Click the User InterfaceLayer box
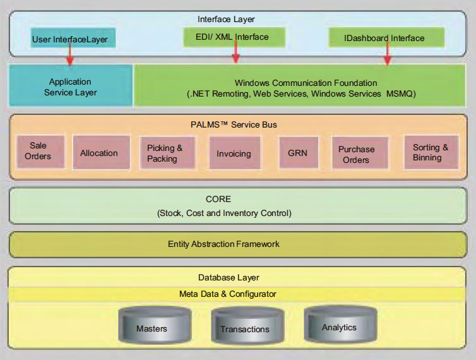pyautogui.click(x=69, y=40)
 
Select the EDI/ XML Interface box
pyautogui.click(x=234, y=37)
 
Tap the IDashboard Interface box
pyautogui.click(x=386, y=38)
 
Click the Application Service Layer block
pyautogui.click(x=70, y=87)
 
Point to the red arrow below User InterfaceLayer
pyautogui.click(x=69, y=56)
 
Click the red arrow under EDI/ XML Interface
pyautogui.click(x=235, y=55)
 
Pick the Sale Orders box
pyautogui.click(x=38, y=151)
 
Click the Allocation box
pyautogui.click(x=100, y=153)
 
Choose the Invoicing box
pyautogui.click(x=234, y=153)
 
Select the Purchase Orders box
pyautogui.click(x=356, y=154)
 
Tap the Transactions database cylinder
pyautogui.click(x=244, y=326)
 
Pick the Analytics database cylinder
pyautogui.click(x=339, y=324)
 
